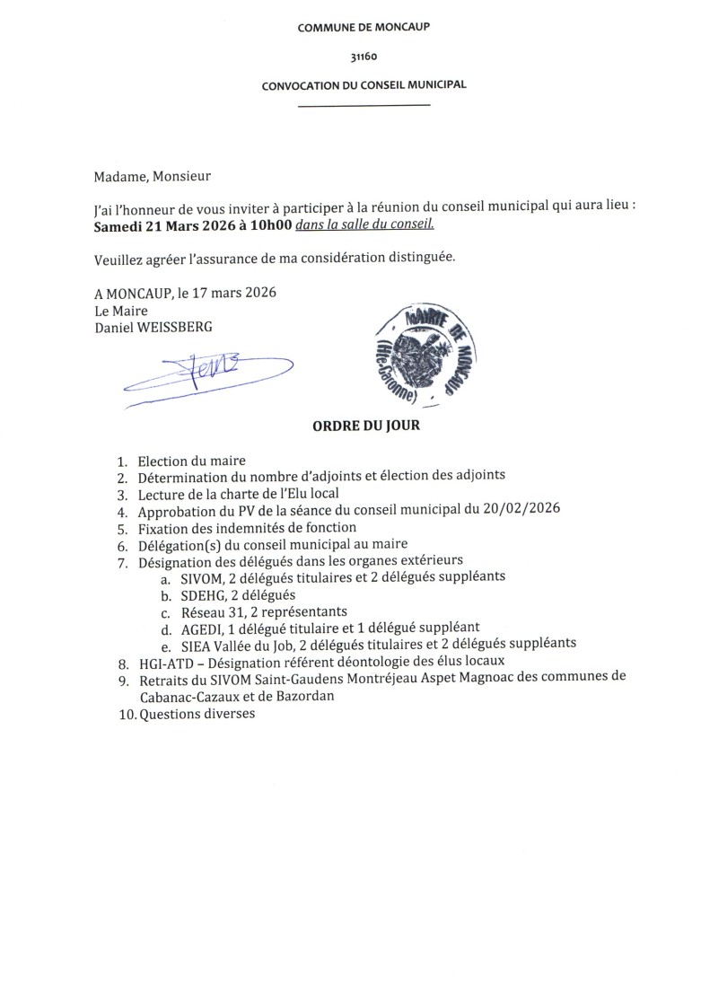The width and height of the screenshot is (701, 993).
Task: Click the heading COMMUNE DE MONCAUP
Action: tap(364, 28)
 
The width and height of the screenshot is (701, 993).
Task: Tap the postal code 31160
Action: tap(364, 57)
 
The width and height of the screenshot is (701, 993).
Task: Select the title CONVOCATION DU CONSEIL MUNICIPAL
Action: tap(364, 85)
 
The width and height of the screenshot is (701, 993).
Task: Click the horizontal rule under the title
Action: tap(364, 107)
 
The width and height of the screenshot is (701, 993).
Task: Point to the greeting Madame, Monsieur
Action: tap(152, 176)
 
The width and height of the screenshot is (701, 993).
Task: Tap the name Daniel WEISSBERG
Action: tap(153, 327)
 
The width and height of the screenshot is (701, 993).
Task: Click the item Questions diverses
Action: tap(197, 715)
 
